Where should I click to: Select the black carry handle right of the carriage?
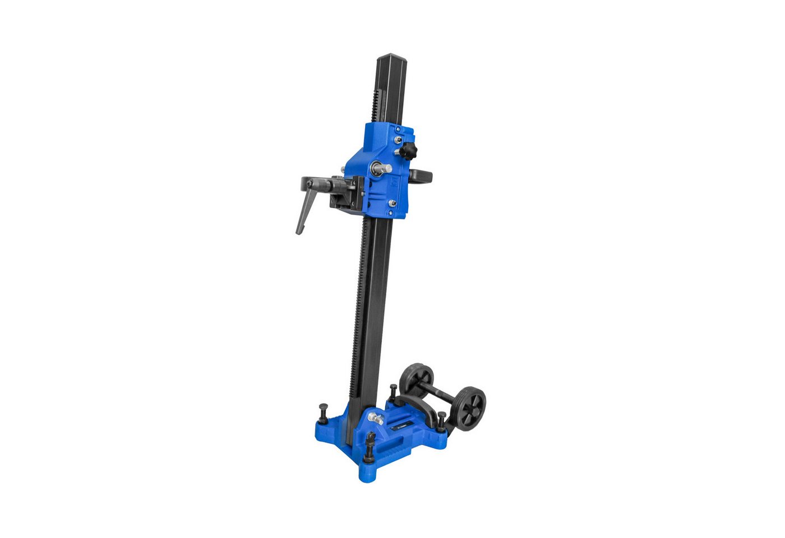422,176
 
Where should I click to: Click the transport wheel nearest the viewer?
470,409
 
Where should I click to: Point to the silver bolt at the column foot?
375,417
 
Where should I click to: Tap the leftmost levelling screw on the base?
323,413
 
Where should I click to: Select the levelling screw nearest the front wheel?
441,421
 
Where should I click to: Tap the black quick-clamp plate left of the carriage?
345,193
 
